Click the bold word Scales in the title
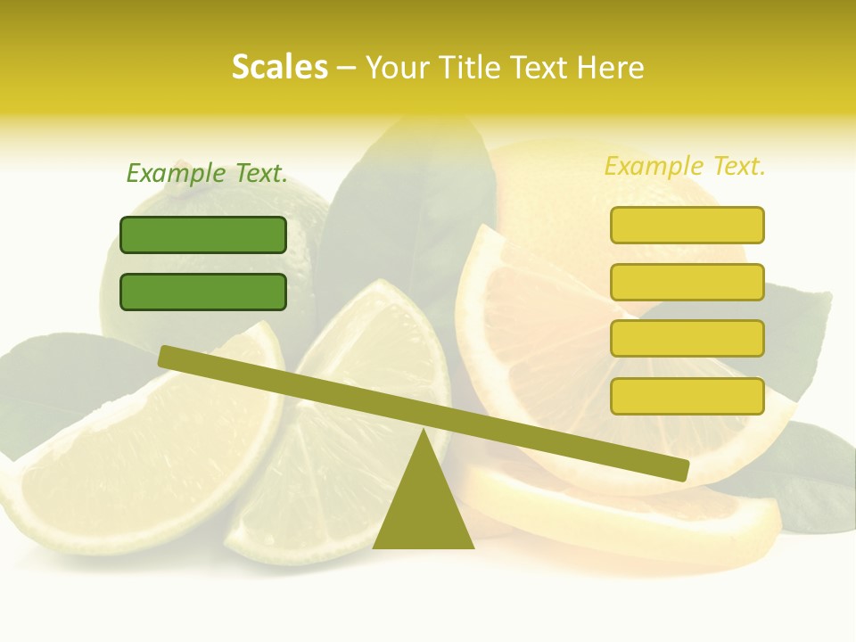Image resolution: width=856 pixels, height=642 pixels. coord(279,67)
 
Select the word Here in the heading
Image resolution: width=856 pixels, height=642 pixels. coord(610,67)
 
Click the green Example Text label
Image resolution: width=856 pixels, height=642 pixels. coord(207,173)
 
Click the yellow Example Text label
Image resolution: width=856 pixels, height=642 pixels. coord(685,166)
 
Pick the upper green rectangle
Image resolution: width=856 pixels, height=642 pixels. coord(203,235)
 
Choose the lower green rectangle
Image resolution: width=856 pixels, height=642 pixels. coord(203,292)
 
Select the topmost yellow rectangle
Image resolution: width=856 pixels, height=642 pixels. coord(687,225)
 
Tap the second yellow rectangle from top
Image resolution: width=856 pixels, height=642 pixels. coord(687,282)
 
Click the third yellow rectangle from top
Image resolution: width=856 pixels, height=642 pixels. coord(687,339)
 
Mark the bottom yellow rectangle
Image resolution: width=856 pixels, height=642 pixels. coord(687,396)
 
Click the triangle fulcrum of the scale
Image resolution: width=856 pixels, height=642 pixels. coord(424,504)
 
